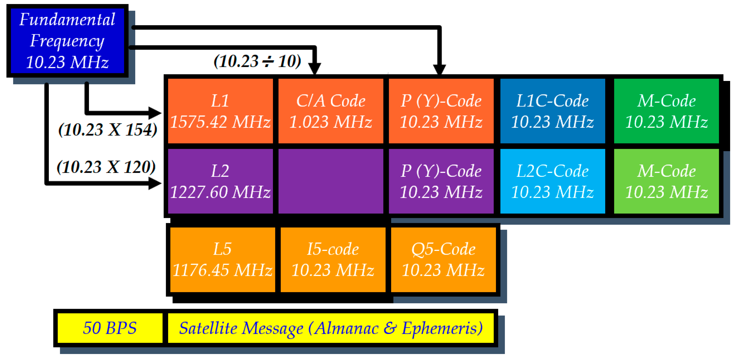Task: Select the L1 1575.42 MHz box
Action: click(220, 111)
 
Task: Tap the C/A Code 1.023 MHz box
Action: click(331, 111)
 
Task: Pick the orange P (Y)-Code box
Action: click(441, 111)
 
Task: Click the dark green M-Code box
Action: click(666, 111)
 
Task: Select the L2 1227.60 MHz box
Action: click(220, 181)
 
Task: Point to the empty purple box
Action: click(331, 181)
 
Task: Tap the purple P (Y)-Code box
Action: click(441, 181)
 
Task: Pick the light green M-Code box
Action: click(666, 181)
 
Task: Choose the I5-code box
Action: click(333, 259)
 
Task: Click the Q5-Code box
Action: click(443, 259)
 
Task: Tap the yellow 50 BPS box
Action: click(110, 328)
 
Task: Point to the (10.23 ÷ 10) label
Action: click(257, 61)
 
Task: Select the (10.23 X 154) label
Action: click(108, 130)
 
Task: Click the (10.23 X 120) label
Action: click(106, 167)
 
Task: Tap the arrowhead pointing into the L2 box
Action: click(155, 183)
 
